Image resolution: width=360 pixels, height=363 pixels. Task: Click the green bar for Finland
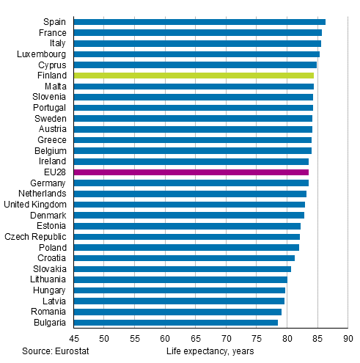194,76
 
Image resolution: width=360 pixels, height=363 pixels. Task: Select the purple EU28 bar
191,172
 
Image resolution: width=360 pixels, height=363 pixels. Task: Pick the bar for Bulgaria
176,323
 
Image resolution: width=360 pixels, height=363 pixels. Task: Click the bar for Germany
191,183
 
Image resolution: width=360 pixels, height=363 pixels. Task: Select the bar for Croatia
184,258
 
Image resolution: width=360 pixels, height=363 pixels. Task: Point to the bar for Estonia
187,226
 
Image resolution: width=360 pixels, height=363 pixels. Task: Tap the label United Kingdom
35,205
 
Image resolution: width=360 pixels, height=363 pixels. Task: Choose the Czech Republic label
36,237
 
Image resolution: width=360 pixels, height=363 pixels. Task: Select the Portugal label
50,108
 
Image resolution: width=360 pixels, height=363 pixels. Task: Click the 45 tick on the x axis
74,339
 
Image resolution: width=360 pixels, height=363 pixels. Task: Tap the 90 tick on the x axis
348,339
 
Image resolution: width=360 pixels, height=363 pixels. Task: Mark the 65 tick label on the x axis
196,339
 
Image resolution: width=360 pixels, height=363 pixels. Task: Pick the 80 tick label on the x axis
287,339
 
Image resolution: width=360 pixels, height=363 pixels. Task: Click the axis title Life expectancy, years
210,351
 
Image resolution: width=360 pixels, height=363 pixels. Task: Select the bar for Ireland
191,161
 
